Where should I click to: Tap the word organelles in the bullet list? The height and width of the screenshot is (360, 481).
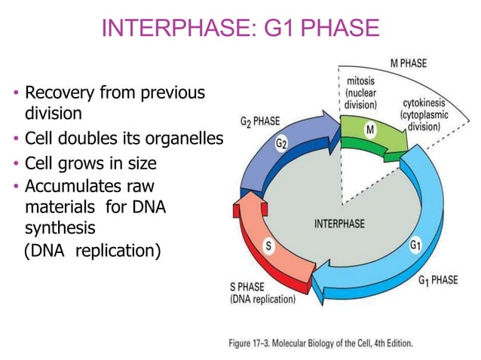pos(184,139)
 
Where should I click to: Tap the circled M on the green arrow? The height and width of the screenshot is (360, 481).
pos(370,131)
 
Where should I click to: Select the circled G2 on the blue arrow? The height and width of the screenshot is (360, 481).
pos(280,144)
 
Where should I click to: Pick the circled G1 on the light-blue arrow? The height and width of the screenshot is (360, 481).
pos(415,246)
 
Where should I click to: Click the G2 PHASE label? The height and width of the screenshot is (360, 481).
pos(262,121)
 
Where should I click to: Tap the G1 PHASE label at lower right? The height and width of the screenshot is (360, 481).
pos(437,281)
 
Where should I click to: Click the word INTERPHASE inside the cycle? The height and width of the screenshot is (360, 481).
pos(339,224)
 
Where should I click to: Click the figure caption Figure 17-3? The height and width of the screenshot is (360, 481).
pos(255,343)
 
